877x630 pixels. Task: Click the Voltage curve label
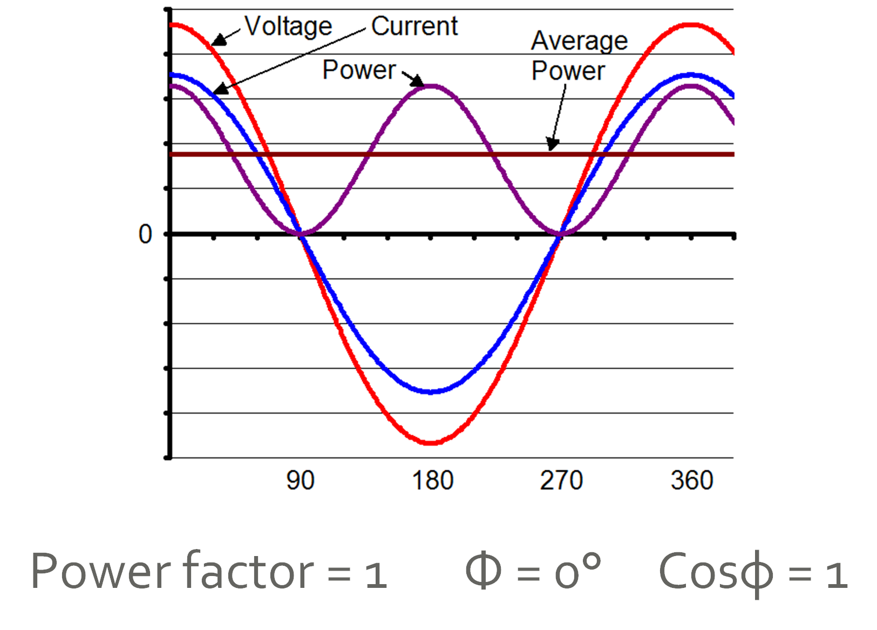click(288, 26)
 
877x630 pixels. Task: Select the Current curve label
click(414, 26)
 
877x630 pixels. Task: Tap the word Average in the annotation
click(579, 40)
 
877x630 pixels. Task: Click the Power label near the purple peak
click(359, 70)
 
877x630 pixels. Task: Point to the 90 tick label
click(300, 480)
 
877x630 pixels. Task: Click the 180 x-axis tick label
click(432, 480)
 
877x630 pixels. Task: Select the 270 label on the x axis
click(561, 480)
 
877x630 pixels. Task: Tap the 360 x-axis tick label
click(692, 480)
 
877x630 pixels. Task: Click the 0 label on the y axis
click(145, 234)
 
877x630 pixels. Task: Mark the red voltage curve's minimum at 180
click(431, 443)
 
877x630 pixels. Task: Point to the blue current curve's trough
click(431, 391)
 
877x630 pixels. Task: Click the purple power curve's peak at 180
click(432, 86)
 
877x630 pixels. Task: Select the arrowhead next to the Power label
click(417, 82)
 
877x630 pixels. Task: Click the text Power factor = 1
click(209, 572)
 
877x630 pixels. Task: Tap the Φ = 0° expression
click(532, 572)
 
